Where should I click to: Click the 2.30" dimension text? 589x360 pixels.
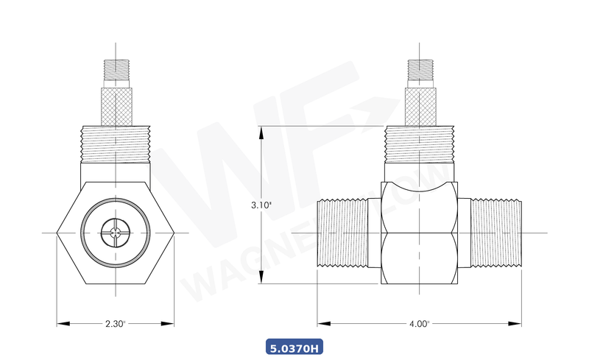point(116,323)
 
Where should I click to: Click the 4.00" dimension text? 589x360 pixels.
point(419,323)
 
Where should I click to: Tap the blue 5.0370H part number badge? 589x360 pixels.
point(294,347)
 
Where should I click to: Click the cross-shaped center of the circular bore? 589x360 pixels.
point(116,233)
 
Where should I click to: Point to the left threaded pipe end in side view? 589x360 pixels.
point(343,233)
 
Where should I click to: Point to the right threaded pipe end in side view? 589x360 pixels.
point(495,233)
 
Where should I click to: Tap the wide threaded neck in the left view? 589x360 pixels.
point(116,144)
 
